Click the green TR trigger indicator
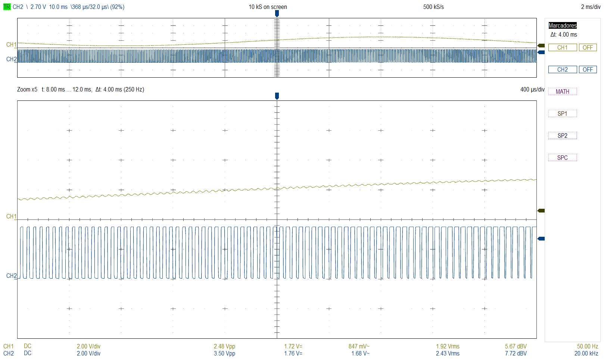(7, 7)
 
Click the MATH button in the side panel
(562, 91)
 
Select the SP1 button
(562, 114)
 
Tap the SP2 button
(562, 136)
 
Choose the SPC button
(562, 158)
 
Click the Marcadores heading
(563, 25)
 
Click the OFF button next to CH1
(588, 47)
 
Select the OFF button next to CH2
(588, 69)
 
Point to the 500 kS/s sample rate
(433, 7)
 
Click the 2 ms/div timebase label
(591, 7)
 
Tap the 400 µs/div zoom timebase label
(532, 89)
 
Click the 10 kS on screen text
(268, 7)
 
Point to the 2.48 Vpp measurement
(224, 346)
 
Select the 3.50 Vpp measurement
(224, 353)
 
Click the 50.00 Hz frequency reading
(587, 346)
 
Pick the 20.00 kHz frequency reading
(586, 353)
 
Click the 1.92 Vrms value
(448, 346)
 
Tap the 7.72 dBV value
(516, 353)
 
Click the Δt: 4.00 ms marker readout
(564, 34)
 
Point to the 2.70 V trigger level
(38, 7)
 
